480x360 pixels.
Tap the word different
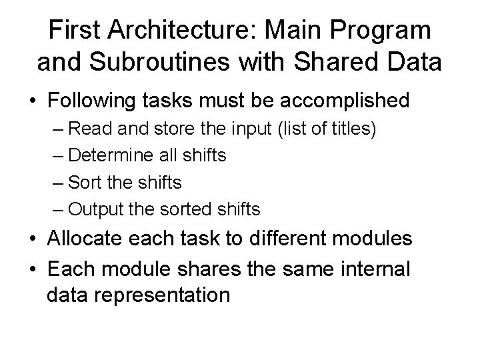coord(304,239)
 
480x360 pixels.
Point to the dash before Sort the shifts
coord(57,183)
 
